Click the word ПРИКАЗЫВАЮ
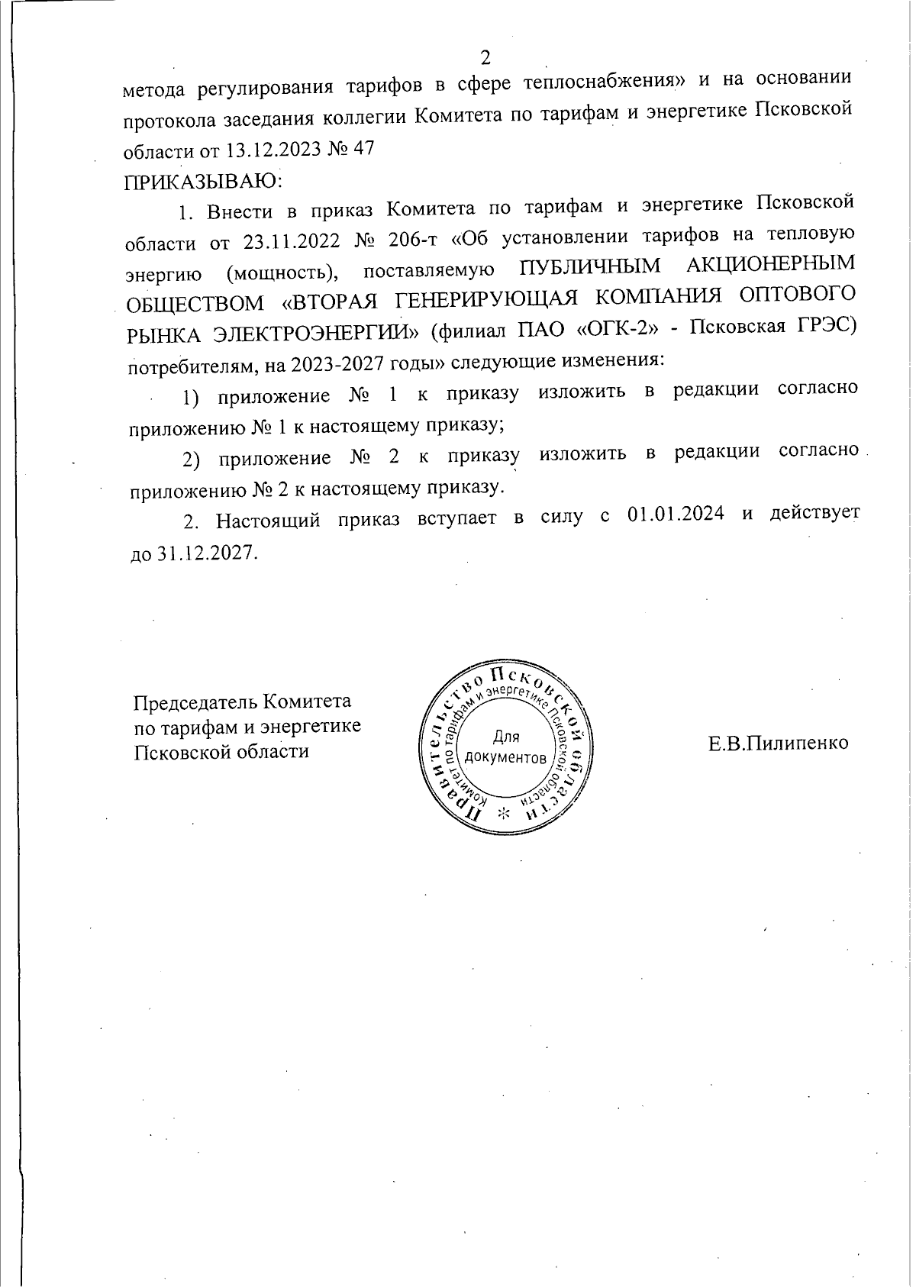[202, 182]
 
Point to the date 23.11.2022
[291, 242]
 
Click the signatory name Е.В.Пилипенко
[778, 743]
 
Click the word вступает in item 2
[457, 518]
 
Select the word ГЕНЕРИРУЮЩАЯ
[471, 298]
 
